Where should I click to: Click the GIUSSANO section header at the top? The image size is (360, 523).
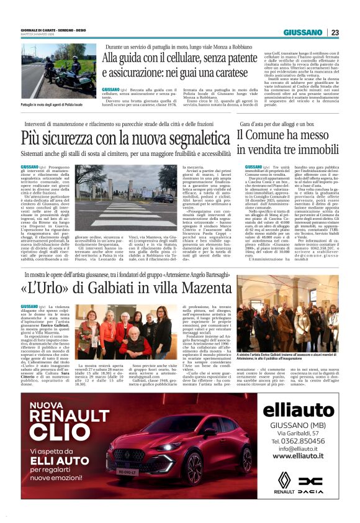[304, 32]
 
